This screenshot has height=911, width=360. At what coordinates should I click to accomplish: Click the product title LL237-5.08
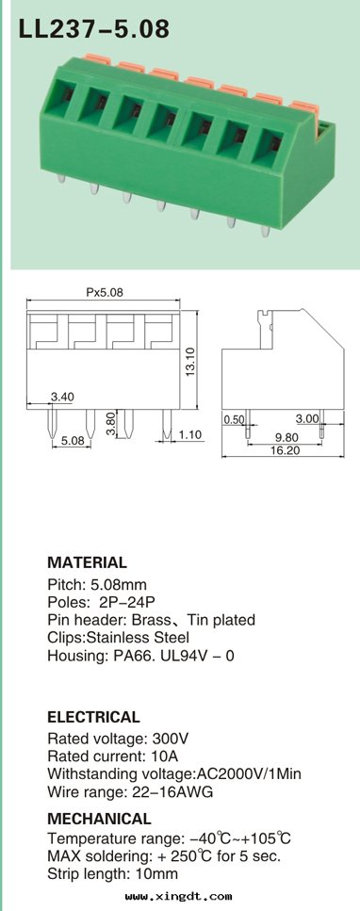coord(93,28)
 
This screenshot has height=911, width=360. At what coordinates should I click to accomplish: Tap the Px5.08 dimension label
coord(105,293)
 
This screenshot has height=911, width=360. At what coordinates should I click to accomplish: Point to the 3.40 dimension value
coord(62,397)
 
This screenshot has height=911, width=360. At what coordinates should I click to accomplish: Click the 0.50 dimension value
coord(234,419)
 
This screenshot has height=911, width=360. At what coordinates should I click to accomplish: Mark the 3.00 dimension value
coord(307,418)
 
